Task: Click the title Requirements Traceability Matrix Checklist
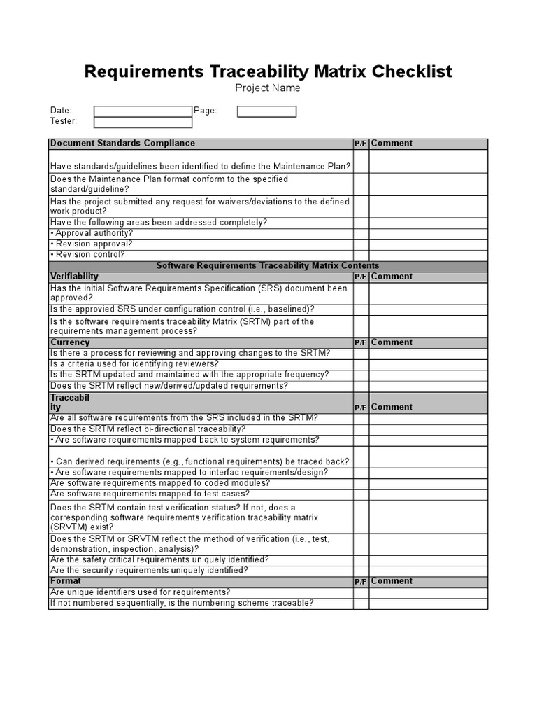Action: [268, 71]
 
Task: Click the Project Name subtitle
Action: [268, 88]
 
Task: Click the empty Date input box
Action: [143, 111]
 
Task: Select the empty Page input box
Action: [266, 111]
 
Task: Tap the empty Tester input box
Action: [143, 122]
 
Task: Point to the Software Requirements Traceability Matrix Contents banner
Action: [268, 266]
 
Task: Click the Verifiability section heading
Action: [74, 277]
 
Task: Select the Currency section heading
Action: [70, 342]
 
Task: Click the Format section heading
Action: [66, 581]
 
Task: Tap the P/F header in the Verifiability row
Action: [361, 277]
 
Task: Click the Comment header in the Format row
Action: [392, 581]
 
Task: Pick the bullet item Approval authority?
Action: [92, 233]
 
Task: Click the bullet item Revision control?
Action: [89, 255]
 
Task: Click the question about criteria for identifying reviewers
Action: [134, 364]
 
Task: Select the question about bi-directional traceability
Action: [148, 429]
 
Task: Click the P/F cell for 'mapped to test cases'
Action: [361, 494]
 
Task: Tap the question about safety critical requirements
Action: [159, 560]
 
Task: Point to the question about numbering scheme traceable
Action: [182, 604]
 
